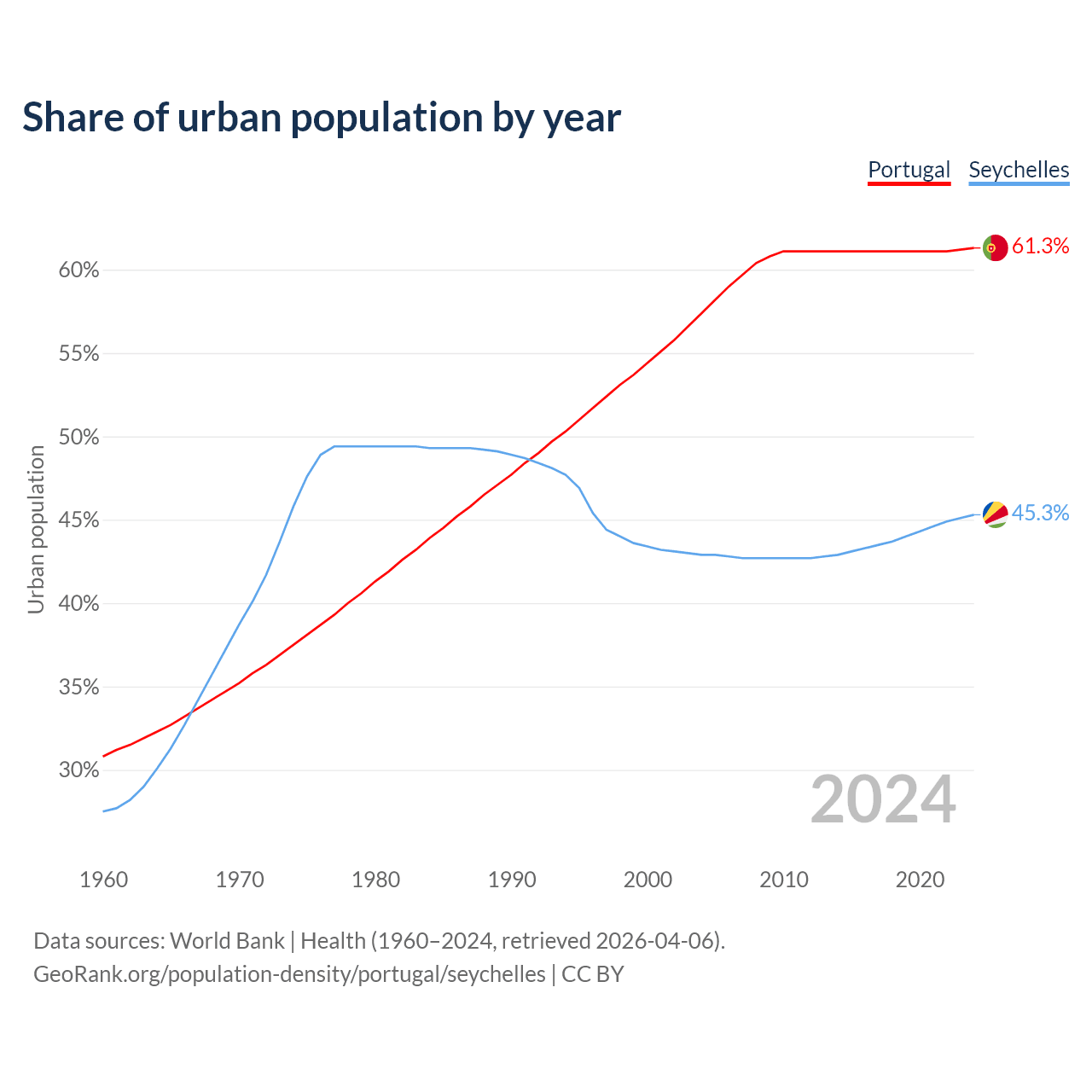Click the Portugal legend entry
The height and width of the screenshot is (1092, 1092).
coord(909,170)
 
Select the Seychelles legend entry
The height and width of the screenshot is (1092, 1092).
coord(1019,170)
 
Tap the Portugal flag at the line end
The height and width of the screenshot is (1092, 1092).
coord(995,247)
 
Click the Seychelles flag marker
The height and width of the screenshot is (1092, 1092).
coord(995,514)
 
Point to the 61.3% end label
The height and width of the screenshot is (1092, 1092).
coord(1040,247)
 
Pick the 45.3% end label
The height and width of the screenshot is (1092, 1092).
coord(1040,513)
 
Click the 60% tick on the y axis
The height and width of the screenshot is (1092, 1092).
coord(79,270)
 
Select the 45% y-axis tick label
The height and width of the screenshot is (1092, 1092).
coord(79,520)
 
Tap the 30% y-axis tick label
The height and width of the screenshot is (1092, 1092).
coord(79,770)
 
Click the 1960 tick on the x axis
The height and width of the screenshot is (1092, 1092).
coord(104,880)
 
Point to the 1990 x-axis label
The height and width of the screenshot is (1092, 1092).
coord(512,880)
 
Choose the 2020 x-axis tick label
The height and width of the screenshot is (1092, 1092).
coord(920,880)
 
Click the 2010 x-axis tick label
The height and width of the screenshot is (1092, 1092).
coord(784,880)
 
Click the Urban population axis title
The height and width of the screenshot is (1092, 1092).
coord(36,529)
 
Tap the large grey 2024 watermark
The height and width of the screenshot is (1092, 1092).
coord(883,800)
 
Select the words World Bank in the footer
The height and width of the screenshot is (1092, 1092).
coord(227,941)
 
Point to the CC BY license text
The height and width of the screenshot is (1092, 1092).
coord(593,974)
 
